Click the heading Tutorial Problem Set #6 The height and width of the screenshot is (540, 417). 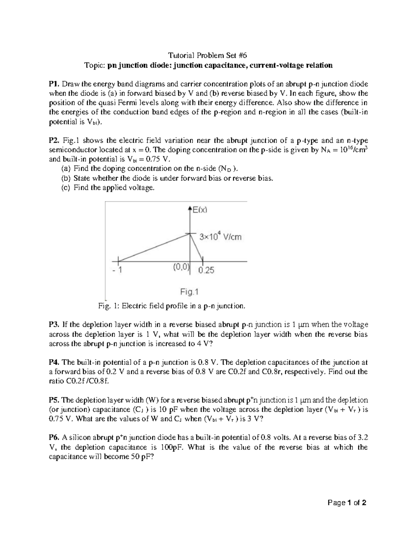pos(208,55)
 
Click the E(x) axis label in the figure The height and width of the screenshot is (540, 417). pos(200,210)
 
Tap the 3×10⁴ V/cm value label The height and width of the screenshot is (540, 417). pos(220,237)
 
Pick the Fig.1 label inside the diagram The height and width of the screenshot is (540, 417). pos(189,292)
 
